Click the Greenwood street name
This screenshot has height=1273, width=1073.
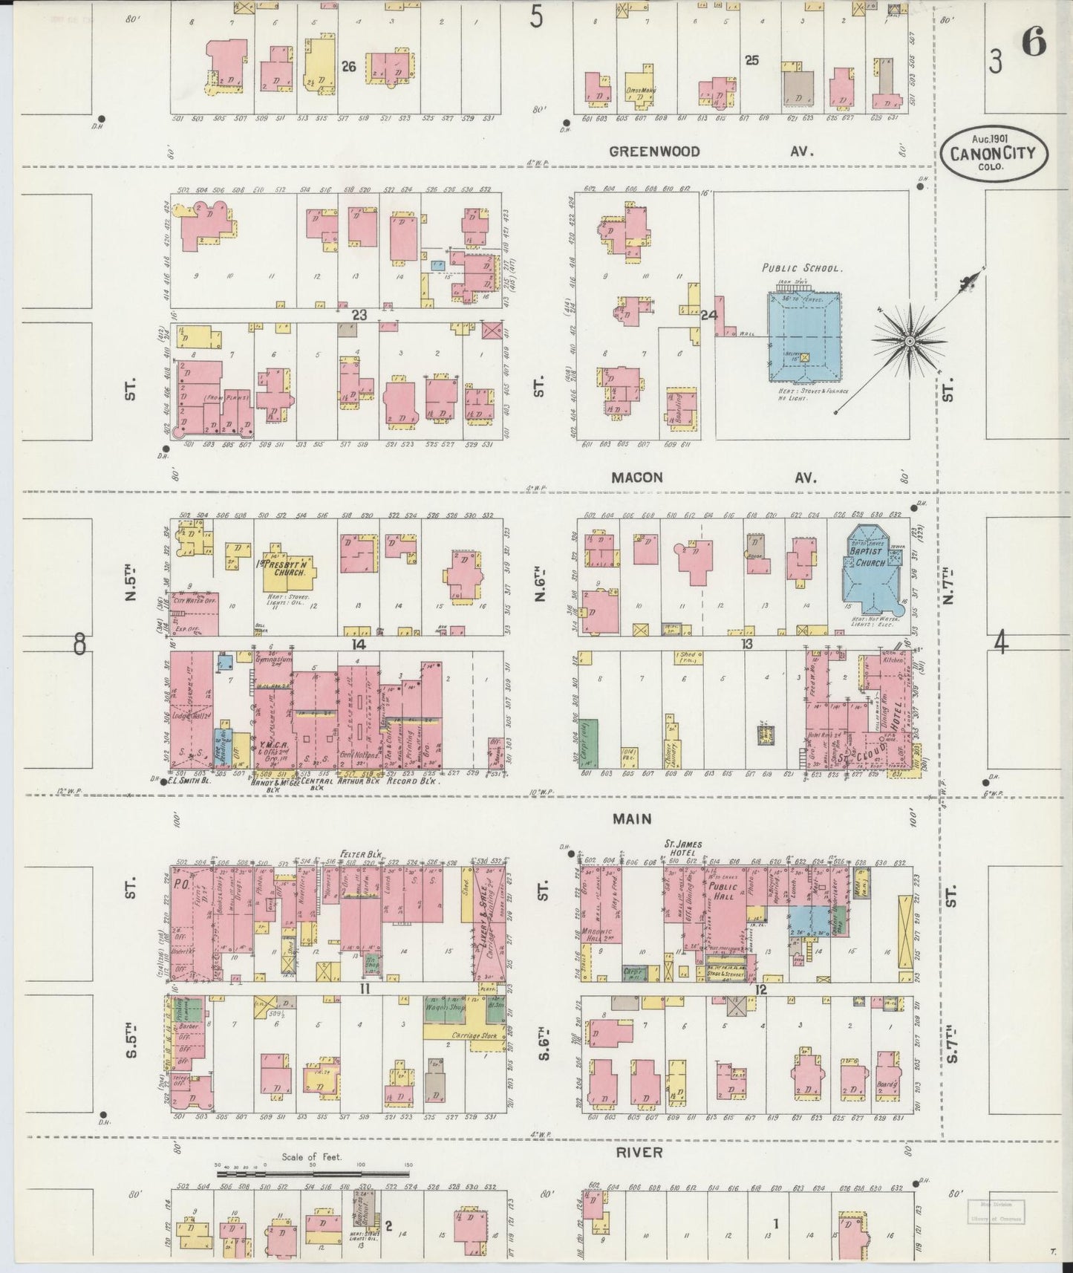click(x=654, y=152)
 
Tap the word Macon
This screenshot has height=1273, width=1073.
click(x=637, y=478)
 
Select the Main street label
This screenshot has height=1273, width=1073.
click(x=632, y=818)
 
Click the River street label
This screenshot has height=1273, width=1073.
click(x=639, y=1152)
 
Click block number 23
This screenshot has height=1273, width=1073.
click(x=359, y=315)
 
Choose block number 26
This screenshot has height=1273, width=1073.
click(x=348, y=67)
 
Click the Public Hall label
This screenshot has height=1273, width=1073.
click(x=721, y=891)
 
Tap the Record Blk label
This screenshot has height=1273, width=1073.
click(x=419, y=781)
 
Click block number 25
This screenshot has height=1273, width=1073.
click(x=751, y=61)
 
